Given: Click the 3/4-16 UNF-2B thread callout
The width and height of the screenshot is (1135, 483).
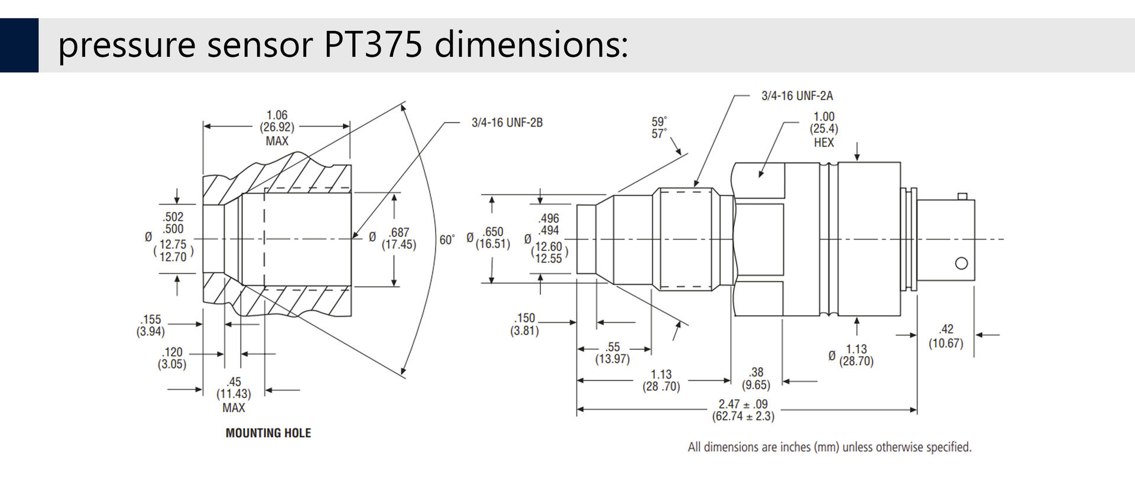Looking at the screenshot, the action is (x=507, y=122).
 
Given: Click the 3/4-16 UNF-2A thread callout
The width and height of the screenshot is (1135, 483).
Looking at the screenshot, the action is (x=797, y=96).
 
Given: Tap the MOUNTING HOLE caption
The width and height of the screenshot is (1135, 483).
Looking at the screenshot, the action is (x=268, y=433).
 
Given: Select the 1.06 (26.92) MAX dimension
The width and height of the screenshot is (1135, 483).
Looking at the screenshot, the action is (x=277, y=128).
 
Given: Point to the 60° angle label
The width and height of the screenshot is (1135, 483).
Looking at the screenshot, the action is (x=447, y=239).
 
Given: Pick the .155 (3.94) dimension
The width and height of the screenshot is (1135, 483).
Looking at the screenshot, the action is (x=151, y=325).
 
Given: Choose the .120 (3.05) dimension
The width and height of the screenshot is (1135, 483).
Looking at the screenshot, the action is (x=172, y=358).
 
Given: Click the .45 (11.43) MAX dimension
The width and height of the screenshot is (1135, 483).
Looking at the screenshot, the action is (x=234, y=394).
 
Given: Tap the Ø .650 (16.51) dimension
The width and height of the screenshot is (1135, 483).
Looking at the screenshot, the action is (x=488, y=238).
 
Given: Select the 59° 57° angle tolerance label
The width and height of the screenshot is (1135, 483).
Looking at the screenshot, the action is (x=659, y=128).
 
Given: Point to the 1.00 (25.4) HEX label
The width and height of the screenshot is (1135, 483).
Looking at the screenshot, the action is (x=824, y=129).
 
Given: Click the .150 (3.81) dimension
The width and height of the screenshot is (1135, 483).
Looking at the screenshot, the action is (x=525, y=324).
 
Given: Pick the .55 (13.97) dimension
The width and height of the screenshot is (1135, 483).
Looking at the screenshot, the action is (x=612, y=352).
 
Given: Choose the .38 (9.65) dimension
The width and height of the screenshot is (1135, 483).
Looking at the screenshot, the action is (x=756, y=378).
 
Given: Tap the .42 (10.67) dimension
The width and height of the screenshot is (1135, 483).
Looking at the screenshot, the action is (x=946, y=336).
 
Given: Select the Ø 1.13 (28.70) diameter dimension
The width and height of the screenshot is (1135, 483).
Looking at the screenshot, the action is (x=851, y=355).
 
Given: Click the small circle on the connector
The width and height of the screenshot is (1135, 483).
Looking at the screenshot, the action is (x=962, y=263).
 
